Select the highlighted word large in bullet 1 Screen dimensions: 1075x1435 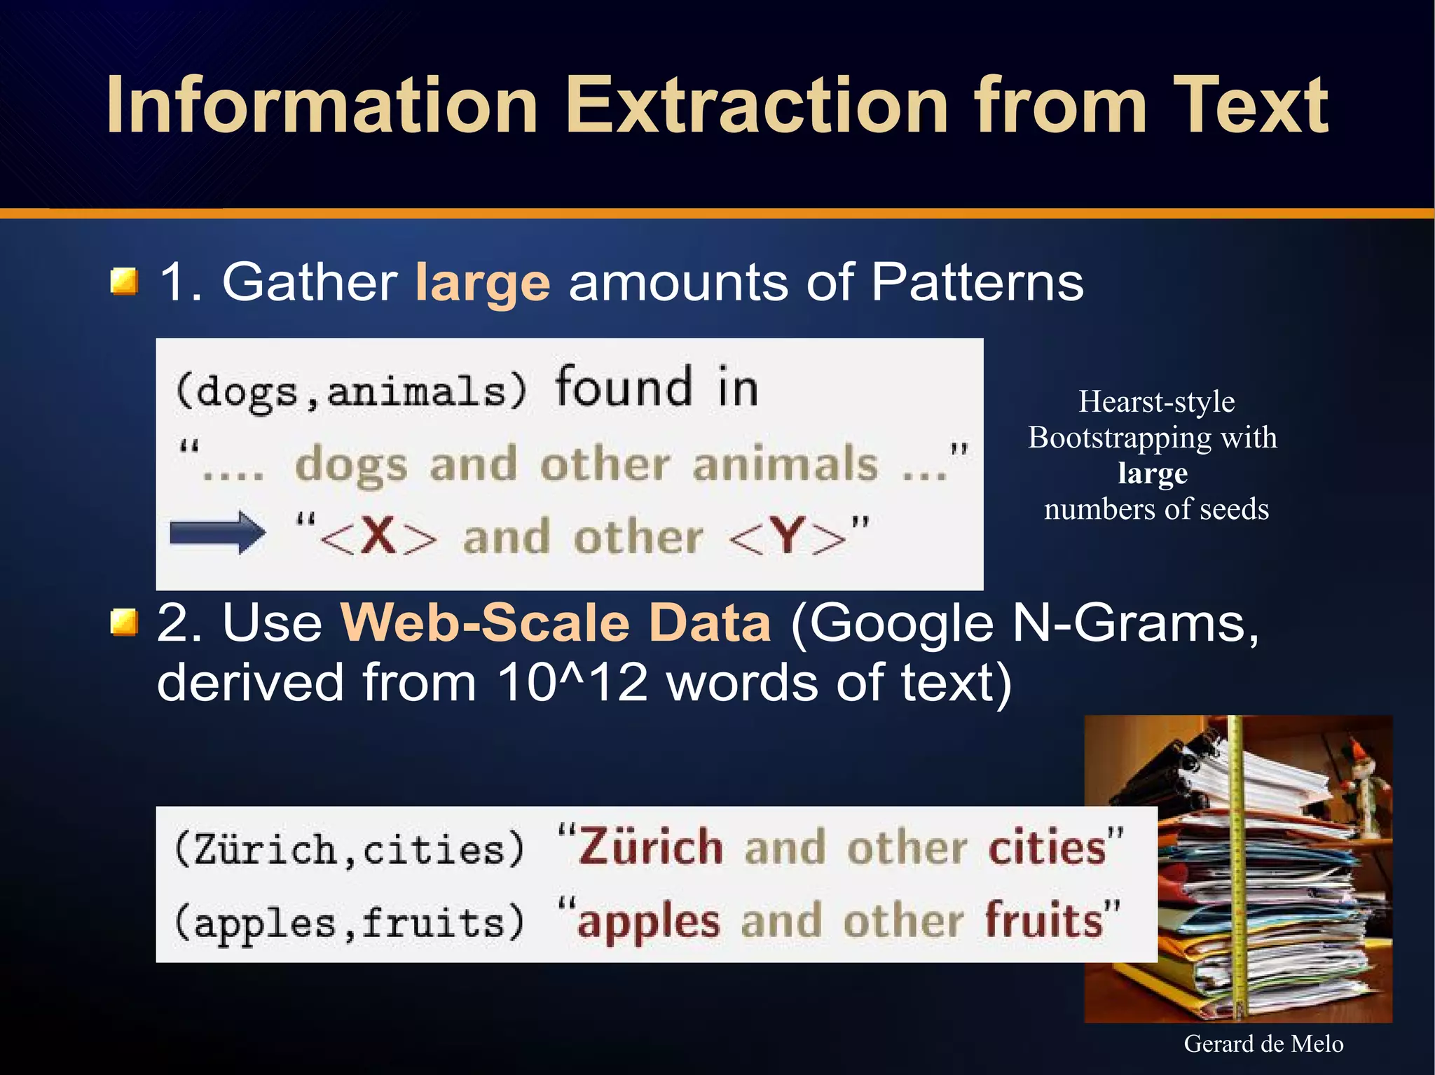click(482, 283)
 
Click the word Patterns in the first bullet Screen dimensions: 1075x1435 click(977, 282)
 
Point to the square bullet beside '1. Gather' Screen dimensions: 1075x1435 click(124, 282)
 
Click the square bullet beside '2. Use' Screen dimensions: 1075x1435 click(124, 623)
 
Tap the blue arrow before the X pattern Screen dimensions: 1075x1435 click(218, 534)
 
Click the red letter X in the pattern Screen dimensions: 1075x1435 click(379, 536)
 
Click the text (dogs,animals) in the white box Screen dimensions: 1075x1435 click(350, 391)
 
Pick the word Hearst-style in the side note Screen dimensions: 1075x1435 click(1156, 402)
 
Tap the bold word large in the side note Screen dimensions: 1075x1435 click(1153, 473)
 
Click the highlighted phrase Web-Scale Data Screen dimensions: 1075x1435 click(556, 623)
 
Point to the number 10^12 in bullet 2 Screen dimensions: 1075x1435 click(572, 682)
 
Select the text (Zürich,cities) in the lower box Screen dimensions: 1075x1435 click(349, 849)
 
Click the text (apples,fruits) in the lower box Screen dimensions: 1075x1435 click(349, 922)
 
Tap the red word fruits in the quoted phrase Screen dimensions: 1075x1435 click(1044, 919)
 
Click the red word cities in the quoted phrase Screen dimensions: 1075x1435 click(1047, 847)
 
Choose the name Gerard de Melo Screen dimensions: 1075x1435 click(1263, 1043)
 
